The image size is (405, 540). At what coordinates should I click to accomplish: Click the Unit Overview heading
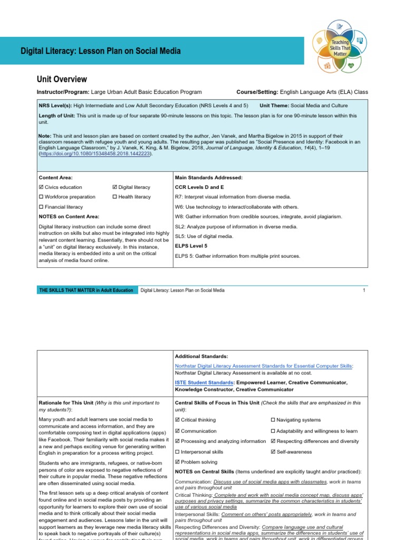(x=62, y=80)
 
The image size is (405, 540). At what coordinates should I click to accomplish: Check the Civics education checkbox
(x=42, y=187)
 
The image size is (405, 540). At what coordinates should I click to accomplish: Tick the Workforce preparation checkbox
(x=42, y=197)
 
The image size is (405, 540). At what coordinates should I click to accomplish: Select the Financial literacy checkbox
(x=42, y=207)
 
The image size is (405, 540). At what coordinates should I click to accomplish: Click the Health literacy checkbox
(x=115, y=197)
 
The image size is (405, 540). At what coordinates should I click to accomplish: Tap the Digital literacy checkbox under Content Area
(x=115, y=187)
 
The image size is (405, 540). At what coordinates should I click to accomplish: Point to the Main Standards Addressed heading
(x=208, y=178)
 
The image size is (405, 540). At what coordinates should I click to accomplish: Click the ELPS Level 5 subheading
(x=191, y=246)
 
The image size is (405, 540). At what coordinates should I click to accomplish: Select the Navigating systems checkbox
(x=273, y=420)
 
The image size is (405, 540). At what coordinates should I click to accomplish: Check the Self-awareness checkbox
(x=273, y=452)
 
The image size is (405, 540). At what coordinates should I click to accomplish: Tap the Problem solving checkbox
(x=177, y=462)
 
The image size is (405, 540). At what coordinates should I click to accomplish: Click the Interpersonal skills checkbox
(x=177, y=452)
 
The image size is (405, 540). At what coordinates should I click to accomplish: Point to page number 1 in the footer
(x=364, y=290)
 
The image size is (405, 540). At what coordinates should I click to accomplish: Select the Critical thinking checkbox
(x=177, y=420)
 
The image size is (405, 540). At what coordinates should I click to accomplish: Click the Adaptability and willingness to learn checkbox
(x=273, y=431)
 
